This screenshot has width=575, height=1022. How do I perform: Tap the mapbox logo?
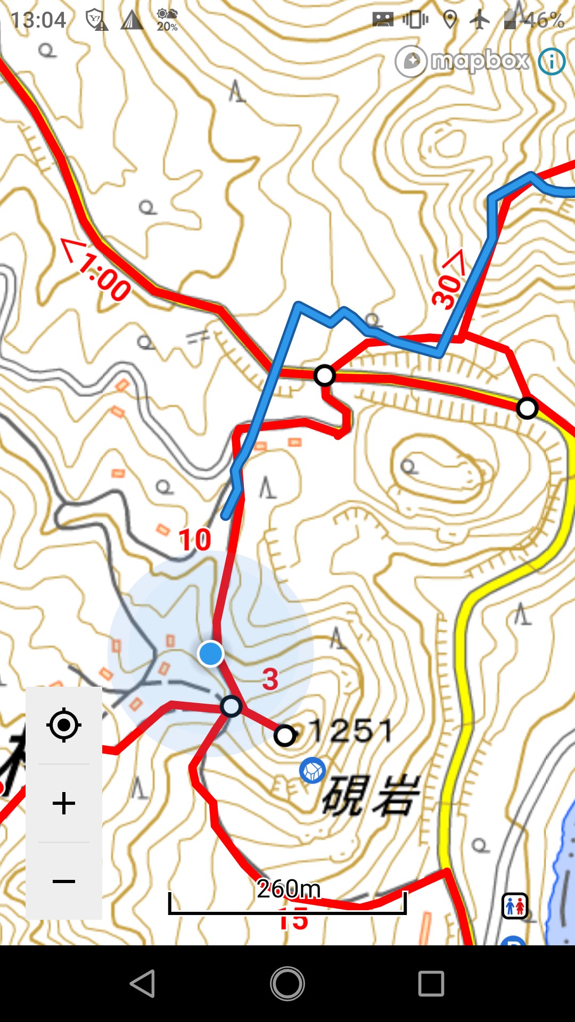462,61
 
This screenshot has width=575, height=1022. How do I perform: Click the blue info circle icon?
552,62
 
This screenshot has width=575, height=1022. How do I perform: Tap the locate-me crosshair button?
64,724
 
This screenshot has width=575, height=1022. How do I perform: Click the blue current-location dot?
211,653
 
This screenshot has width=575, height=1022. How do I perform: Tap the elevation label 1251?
351,730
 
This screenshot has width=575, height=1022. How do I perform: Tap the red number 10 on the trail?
195,540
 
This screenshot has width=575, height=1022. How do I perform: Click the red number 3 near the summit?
270,679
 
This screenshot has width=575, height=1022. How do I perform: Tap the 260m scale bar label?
289,888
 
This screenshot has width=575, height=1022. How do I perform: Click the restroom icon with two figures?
515,906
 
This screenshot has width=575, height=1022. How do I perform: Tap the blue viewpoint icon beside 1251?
313,770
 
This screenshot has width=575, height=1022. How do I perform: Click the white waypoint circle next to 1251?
285,736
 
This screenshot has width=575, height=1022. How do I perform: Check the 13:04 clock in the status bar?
38,20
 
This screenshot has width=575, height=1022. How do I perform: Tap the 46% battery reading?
543,20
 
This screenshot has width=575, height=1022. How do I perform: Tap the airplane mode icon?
480,20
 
